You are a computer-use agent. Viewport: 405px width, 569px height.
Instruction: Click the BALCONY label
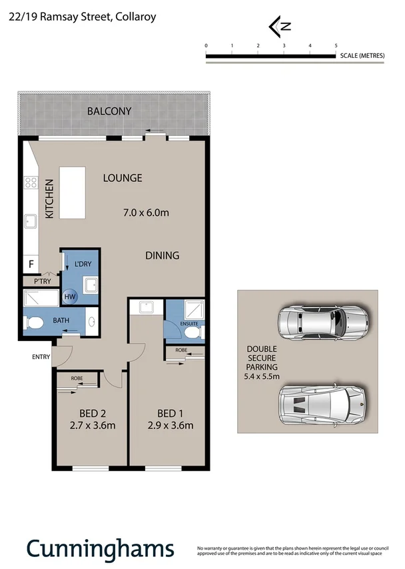pos(109,111)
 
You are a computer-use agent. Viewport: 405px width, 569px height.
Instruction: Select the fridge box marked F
pos(31,265)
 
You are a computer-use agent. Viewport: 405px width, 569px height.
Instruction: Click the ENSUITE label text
pos(189,324)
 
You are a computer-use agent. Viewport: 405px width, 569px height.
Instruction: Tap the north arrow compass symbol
pos(280,27)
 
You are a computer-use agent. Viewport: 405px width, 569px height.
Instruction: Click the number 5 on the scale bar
pos(336,45)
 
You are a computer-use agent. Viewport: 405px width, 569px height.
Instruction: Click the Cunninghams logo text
pos(100,548)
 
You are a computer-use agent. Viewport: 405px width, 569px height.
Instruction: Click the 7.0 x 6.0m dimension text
pos(146,213)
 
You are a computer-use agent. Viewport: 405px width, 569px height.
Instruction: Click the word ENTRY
pos(41,357)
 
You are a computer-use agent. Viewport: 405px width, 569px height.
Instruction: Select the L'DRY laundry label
pos(83,265)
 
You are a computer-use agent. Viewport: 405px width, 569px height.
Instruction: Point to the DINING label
pos(163,255)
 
